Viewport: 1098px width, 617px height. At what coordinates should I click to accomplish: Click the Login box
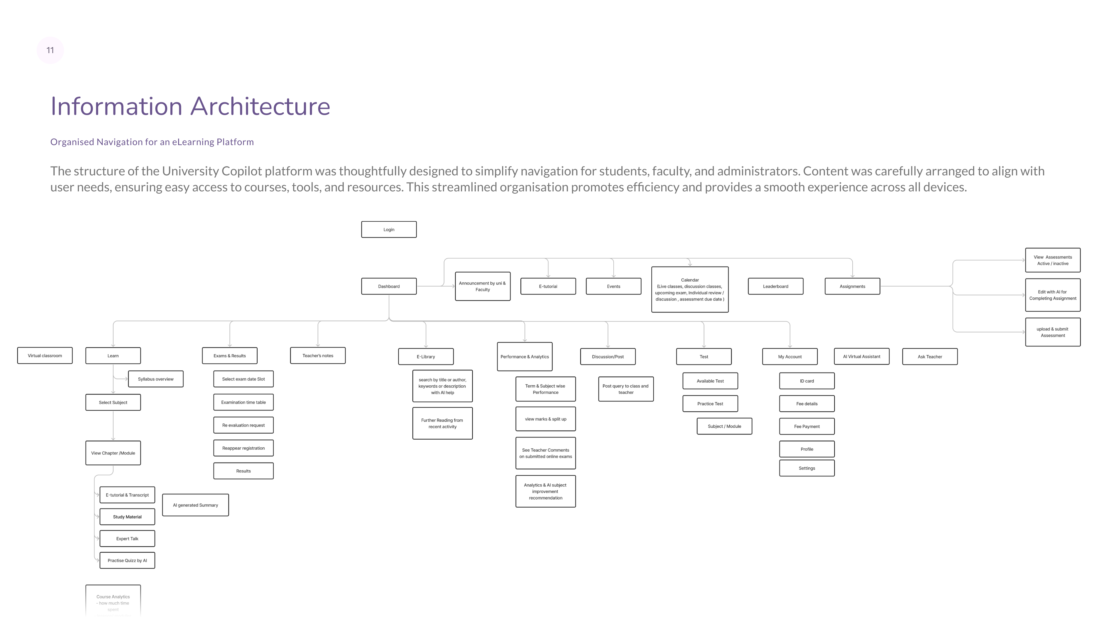tap(389, 229)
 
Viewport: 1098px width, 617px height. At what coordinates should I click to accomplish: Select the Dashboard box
tap(389, 286)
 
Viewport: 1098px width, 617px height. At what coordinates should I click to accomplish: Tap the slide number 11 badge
tap(50, 50)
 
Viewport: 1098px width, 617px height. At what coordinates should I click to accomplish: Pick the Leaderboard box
tap(775, 286)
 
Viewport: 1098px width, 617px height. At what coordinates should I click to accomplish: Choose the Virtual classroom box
tap(45, 356)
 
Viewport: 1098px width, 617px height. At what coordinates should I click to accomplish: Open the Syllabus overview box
tap(156, 379)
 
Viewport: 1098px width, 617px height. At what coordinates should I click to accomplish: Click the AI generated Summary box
tap(195, 505)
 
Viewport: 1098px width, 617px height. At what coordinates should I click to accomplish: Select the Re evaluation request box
tap(243, 425)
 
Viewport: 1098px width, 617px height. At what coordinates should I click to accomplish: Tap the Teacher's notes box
tap(318, 356)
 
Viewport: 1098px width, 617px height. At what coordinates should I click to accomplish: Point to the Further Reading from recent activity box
tap(442, 423)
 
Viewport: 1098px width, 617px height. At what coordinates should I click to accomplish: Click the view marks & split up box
tap(546, 419)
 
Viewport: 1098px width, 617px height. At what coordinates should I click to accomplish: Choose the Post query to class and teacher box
tap(626, 389)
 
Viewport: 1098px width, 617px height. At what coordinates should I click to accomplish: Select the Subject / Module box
tap(724, 426)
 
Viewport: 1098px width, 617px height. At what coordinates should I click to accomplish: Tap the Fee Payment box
tap(807, 426)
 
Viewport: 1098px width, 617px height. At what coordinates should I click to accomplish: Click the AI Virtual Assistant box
tap(862, 356)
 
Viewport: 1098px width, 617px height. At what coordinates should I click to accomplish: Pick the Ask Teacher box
tap(930, 357)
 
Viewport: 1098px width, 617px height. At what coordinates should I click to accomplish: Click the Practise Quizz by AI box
tap(127, 560)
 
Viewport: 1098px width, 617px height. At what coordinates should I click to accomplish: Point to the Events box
tap(613, 286)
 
